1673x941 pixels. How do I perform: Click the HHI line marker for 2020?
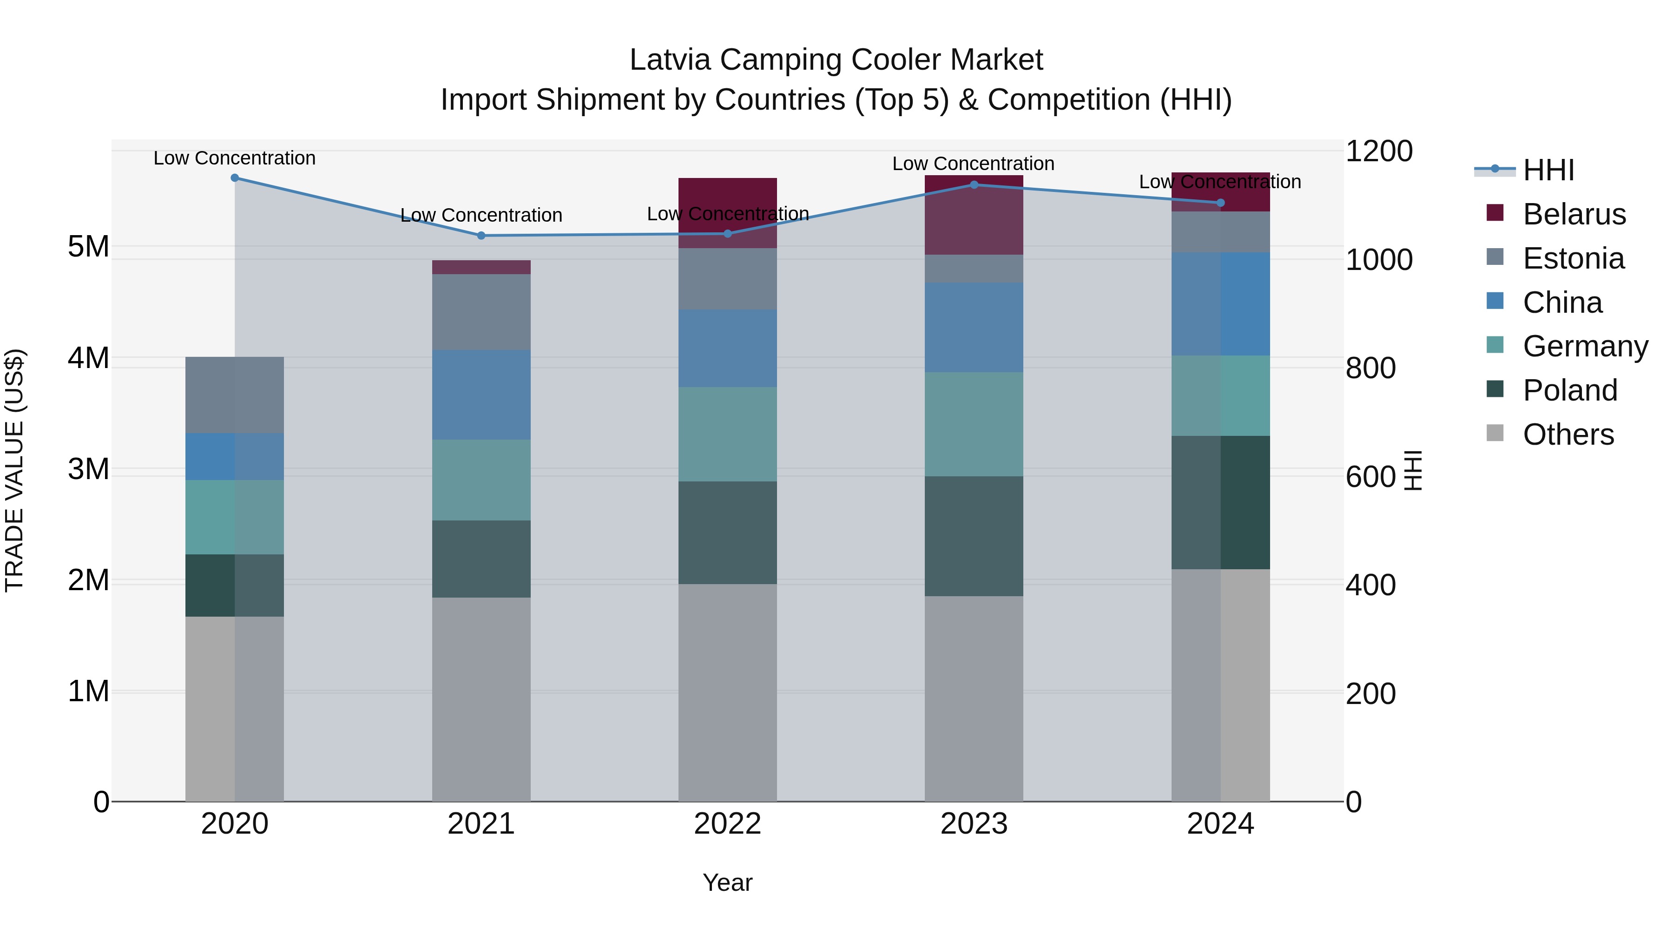[x=235, y=178]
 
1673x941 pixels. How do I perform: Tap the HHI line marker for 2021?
[x=481, y=236]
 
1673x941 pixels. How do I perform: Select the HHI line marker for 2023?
[x=974, y=185]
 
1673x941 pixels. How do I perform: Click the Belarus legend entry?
[x=1574, y=214]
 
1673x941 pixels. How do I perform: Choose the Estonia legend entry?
[x=1573, y=258]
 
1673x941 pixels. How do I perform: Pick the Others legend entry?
[x=1568, y=434]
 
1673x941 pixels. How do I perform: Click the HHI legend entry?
[x=1548, y=170]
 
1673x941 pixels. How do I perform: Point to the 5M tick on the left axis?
[x=88, y=247]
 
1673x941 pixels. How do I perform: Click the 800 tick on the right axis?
[x=1370, y=368]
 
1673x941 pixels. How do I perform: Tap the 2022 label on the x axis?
[x=727, y=824]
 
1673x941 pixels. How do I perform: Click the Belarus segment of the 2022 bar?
[x=727, y=212]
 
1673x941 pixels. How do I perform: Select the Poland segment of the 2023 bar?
[x=974, y=536]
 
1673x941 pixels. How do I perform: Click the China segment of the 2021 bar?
[x=481, y=395]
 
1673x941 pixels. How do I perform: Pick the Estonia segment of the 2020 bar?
[x=235, y=395]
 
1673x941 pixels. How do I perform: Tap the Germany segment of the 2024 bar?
[x=1220, y=395]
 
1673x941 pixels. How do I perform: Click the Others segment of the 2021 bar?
[x=481, y=699]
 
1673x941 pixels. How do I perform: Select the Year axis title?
[x=727, y=882]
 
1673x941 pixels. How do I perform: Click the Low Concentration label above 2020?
[x=235, y=158]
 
